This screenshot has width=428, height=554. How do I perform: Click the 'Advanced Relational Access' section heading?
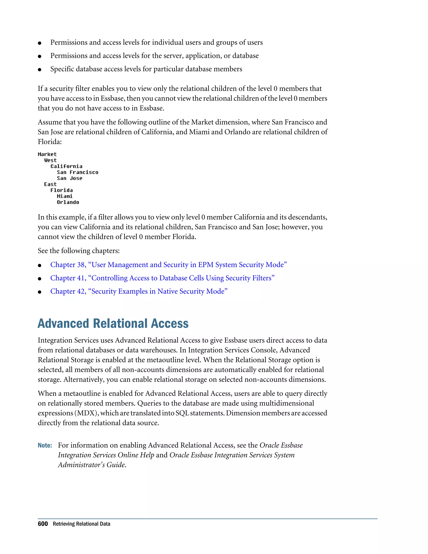point(113,324)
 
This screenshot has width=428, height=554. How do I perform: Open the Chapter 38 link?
point(168,265)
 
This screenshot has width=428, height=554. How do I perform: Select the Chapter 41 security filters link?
point(162,278)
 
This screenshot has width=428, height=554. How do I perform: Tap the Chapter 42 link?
point(139,291)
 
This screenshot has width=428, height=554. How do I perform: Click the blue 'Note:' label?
point(45,445)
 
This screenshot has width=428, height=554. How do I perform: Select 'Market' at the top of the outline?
point(47,154)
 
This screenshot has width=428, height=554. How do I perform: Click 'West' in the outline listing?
point(50,160)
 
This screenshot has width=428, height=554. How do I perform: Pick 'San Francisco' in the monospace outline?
point(77,172)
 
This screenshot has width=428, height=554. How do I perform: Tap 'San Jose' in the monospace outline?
point(69,178)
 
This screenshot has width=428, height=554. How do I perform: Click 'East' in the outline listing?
point(50,184)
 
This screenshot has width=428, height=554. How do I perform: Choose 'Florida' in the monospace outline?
point(61,190)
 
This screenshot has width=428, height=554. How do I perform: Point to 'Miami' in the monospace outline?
point(65,196)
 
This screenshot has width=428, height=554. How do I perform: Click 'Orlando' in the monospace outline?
point(68,202)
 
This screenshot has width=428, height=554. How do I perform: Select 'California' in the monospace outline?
point(66,166)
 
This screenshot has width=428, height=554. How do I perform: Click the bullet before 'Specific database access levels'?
point(39,69)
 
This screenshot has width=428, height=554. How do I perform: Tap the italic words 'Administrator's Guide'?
point(92,465)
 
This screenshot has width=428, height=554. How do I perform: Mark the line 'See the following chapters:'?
point(79,251)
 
